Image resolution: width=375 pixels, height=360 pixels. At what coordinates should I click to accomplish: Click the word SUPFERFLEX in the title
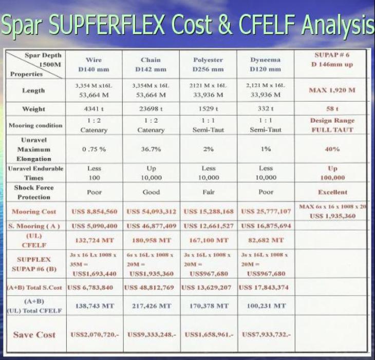(107, 24)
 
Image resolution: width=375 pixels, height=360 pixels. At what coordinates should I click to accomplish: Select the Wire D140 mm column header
(93, 65)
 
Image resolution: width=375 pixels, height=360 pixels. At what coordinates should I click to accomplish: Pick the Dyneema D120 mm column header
(265, 64)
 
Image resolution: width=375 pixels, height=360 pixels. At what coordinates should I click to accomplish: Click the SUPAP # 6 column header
(332, 60)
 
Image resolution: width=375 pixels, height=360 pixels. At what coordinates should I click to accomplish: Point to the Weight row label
(33, 109)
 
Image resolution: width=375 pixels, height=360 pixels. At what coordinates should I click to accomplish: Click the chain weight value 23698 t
(151, 109)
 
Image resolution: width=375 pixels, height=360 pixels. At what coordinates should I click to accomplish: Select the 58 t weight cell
(332, 109)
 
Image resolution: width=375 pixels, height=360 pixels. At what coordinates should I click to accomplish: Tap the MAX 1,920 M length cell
(332, 90)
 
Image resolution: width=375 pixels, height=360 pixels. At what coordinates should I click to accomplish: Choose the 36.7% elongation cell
(151, 149)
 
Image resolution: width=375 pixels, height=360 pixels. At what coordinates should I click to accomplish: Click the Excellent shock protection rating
(332, 192)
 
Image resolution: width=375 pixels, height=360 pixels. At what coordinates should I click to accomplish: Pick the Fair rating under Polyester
(209, 192)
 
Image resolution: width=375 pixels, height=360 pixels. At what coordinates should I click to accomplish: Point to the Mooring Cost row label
(34, 212)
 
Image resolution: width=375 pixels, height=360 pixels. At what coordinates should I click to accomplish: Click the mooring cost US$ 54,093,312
(151, 212)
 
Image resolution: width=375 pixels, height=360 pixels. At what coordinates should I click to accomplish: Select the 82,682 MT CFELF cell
(266, 240)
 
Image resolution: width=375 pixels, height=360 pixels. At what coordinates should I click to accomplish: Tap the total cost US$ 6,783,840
(90, 287)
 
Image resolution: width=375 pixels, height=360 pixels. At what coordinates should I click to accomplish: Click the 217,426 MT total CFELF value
(152, 306)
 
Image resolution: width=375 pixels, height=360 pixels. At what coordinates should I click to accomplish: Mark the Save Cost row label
(34, 334)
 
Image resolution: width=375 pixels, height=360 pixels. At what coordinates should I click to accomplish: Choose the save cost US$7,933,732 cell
(266, 334)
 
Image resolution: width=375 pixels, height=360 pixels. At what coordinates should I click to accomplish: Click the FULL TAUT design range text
(332, 130)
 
